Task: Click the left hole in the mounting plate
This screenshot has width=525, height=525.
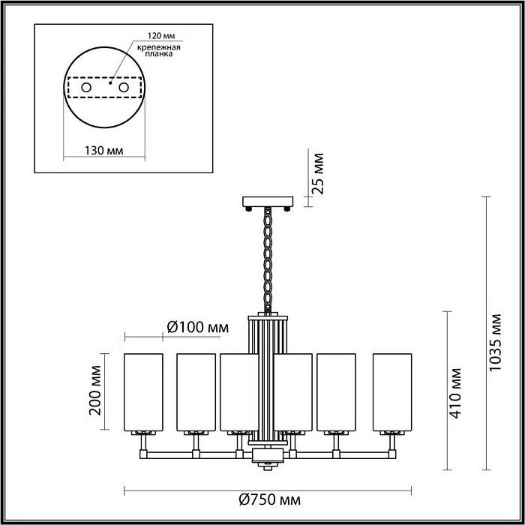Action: pyautogui.click(x=86, y=88)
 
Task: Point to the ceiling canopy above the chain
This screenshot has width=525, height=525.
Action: pyautogui.click(x=267, y=202)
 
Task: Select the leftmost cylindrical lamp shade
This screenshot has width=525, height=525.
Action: pyautogui.click(x=142, y=391)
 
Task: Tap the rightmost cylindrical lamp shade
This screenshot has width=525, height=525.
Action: pyautogui.click(x=392, y=391)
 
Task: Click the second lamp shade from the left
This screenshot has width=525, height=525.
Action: pyautogui.click(x=196, y=391)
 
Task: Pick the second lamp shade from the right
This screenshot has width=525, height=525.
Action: pyautogui.click(x=337, y=391)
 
